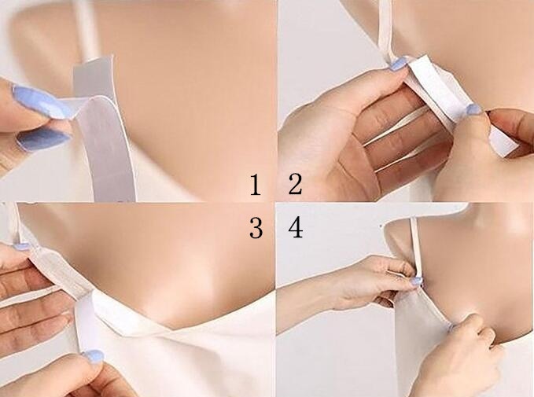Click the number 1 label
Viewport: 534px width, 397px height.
[x=255, y=186]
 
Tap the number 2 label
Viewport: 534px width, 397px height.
[x=295, y=186]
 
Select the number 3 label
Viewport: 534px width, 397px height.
[x=256, y=229]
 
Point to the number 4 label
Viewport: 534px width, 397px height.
[x=296, y=229]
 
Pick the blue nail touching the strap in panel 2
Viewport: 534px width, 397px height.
[x=399, y=64]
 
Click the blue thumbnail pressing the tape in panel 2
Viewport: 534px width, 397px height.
[x=473, y=110]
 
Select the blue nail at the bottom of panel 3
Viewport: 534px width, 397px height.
[x=93, y=357]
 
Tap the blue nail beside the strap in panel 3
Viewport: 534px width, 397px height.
[x=21, y=246]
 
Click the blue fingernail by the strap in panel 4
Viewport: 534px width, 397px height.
[x=416, y=281]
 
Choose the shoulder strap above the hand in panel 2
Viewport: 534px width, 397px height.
[x=385, y=28]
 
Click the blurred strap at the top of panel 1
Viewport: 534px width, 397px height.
[x=85, y=24]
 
